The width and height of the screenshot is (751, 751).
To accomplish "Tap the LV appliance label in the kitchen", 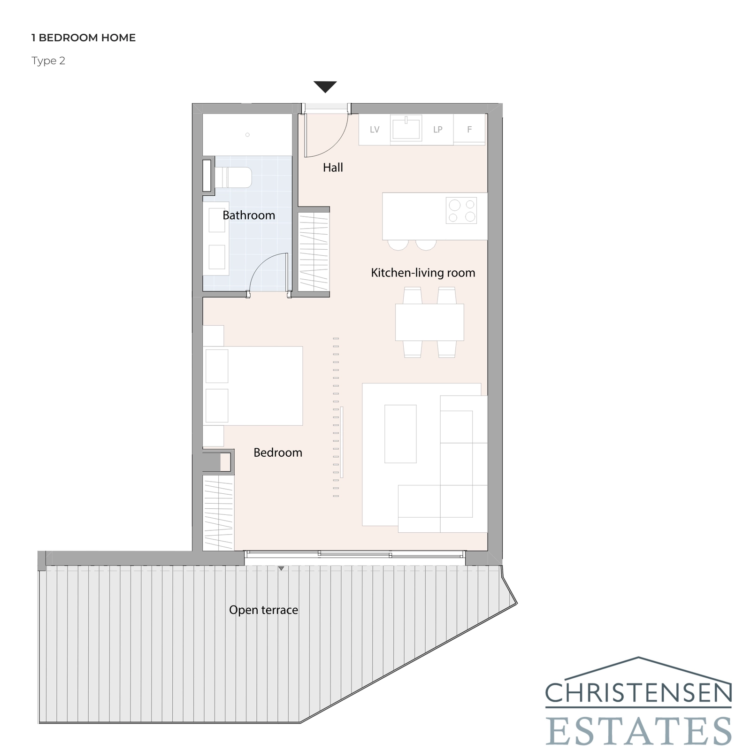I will point(375,130).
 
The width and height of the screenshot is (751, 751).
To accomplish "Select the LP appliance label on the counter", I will point(437,130).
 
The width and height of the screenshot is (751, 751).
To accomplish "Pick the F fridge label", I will point(469,130).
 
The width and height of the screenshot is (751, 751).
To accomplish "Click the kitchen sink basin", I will point(406,129).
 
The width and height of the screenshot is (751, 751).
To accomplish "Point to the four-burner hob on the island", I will point(461,210).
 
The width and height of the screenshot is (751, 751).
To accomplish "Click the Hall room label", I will point(333,168).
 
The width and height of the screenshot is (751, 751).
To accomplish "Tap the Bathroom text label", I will point(249,215).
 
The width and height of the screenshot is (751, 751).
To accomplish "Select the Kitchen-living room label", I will point(423,273).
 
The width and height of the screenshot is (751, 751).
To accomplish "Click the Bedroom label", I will point(278,452).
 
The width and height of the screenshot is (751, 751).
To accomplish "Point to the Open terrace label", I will point(263,610).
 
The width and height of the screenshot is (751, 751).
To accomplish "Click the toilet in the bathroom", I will point(233,177).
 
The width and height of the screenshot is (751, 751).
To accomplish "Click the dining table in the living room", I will point(429,322).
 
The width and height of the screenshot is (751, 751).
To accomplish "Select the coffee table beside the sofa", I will point(400,434).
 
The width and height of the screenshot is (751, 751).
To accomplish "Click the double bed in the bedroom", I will point(253,386).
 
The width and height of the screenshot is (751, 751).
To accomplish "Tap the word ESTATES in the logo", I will point(638,730).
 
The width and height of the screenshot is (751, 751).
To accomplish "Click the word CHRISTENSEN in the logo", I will point(638,693).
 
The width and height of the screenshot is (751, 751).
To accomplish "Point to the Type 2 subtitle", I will point(48,61).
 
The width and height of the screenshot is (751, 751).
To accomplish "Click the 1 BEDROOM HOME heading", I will point(84,38).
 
